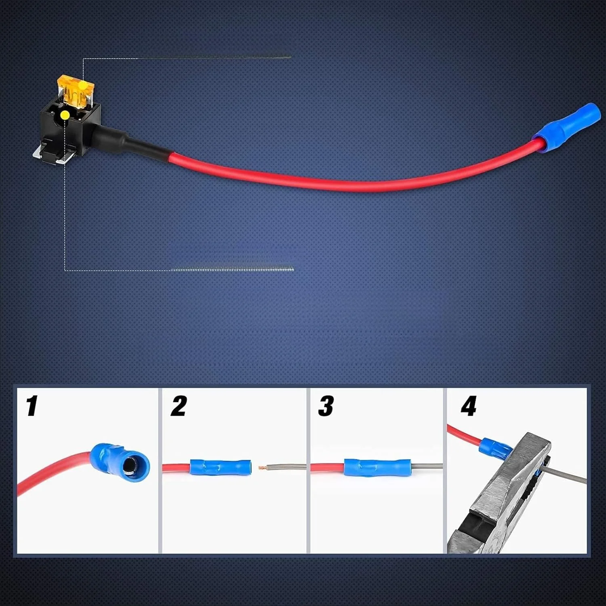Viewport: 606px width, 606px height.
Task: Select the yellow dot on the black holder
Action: [64, 116]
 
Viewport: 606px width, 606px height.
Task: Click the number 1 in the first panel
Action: [32, 406]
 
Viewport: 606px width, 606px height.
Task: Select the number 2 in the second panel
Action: [179, 406]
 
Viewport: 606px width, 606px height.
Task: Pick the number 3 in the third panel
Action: [326, 406]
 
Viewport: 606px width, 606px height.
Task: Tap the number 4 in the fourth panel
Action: [469, 406]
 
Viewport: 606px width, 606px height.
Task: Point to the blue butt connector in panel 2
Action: [220, 467]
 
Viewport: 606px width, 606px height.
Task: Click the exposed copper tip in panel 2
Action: [263, 468]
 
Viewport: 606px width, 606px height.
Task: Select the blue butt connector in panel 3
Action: [377, 467]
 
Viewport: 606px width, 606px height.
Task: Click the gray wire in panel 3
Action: [427, 467]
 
